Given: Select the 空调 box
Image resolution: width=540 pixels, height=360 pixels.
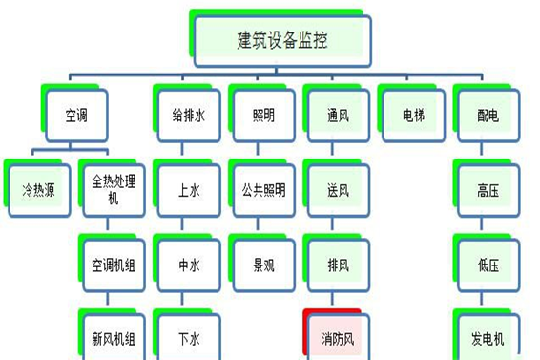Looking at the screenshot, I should [75, 116].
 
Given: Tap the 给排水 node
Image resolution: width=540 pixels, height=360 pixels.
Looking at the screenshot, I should [189, 116].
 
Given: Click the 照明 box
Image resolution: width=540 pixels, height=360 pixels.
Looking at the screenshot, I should [263, 116].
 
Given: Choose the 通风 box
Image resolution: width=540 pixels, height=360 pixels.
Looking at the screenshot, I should [339, 116].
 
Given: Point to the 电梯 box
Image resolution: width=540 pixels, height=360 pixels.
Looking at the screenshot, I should [413, 116].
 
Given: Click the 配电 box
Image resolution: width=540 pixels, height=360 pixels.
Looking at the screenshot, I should [488, 116].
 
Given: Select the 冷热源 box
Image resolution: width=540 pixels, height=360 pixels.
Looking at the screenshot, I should [38, 190].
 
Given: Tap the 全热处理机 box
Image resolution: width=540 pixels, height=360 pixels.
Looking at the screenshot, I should [114, 190].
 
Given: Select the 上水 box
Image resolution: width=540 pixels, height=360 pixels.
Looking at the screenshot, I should [189, 190].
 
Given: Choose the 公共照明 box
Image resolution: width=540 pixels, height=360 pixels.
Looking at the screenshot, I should [263, 190].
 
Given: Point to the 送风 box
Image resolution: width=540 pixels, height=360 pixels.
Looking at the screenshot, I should [339, 190].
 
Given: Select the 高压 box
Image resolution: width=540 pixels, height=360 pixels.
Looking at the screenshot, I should [488, 190].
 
